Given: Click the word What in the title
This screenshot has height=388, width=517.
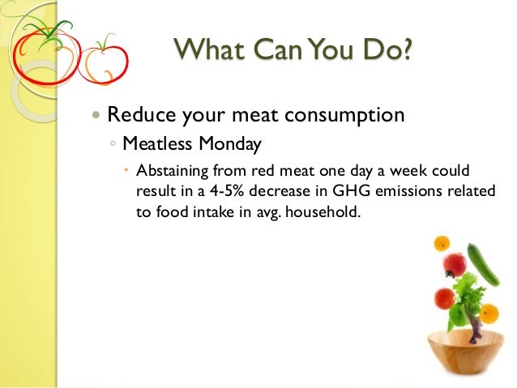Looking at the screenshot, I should click(206, 51).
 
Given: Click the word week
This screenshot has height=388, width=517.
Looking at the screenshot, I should click(397, 172).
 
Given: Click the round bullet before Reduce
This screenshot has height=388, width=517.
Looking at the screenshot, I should click(97, 115).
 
